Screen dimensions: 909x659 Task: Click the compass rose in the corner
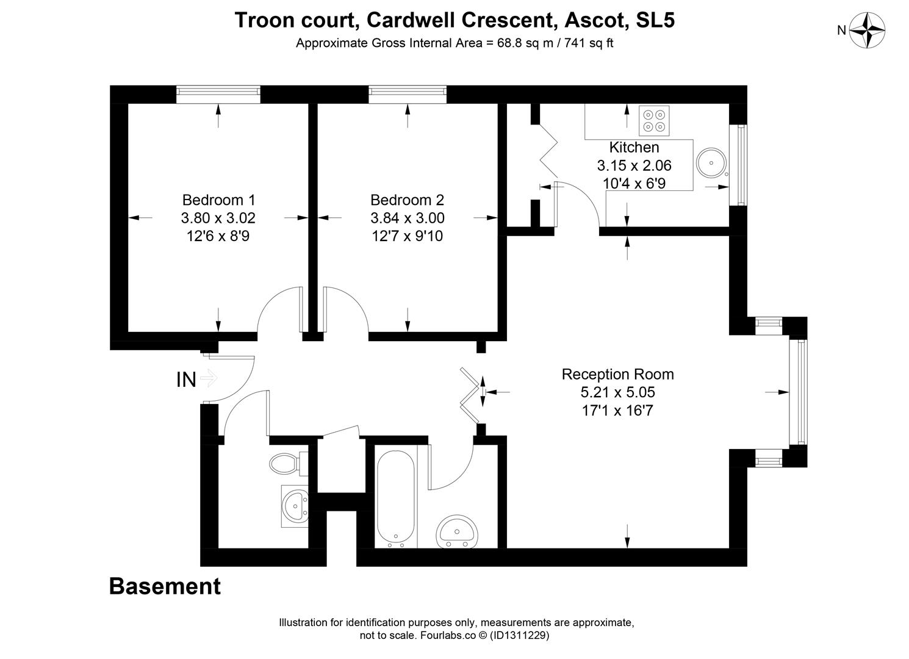tap(867, 31)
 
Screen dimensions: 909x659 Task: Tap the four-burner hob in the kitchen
tap(654, 121)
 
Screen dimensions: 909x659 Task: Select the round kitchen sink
tap(711, 163)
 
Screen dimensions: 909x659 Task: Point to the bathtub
tap(396, 499)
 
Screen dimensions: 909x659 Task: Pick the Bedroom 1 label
tap(218, 200)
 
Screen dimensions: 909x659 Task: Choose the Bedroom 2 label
tap(407, 200)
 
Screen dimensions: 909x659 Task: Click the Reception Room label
tap(617, 374)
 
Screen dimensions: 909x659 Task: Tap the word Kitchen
tap(634, 147)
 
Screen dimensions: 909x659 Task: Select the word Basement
tap(165, 586)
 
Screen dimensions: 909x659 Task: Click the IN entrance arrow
tap(209, 378)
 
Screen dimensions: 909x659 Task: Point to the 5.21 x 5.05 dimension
tap(617, 392)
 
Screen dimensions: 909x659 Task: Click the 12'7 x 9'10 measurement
tap(407, 236)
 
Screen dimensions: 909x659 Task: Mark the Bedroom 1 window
tap(218, 94)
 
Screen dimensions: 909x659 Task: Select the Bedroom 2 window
tap(408, 94)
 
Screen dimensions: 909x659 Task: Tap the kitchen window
tap(739, 165)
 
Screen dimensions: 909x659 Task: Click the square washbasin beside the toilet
tap(295, 506)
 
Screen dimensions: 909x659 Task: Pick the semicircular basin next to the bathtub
tap(457, 531)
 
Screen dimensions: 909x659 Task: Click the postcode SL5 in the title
tap(655, 20)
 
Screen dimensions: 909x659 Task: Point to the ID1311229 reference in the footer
tap(519, 635)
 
